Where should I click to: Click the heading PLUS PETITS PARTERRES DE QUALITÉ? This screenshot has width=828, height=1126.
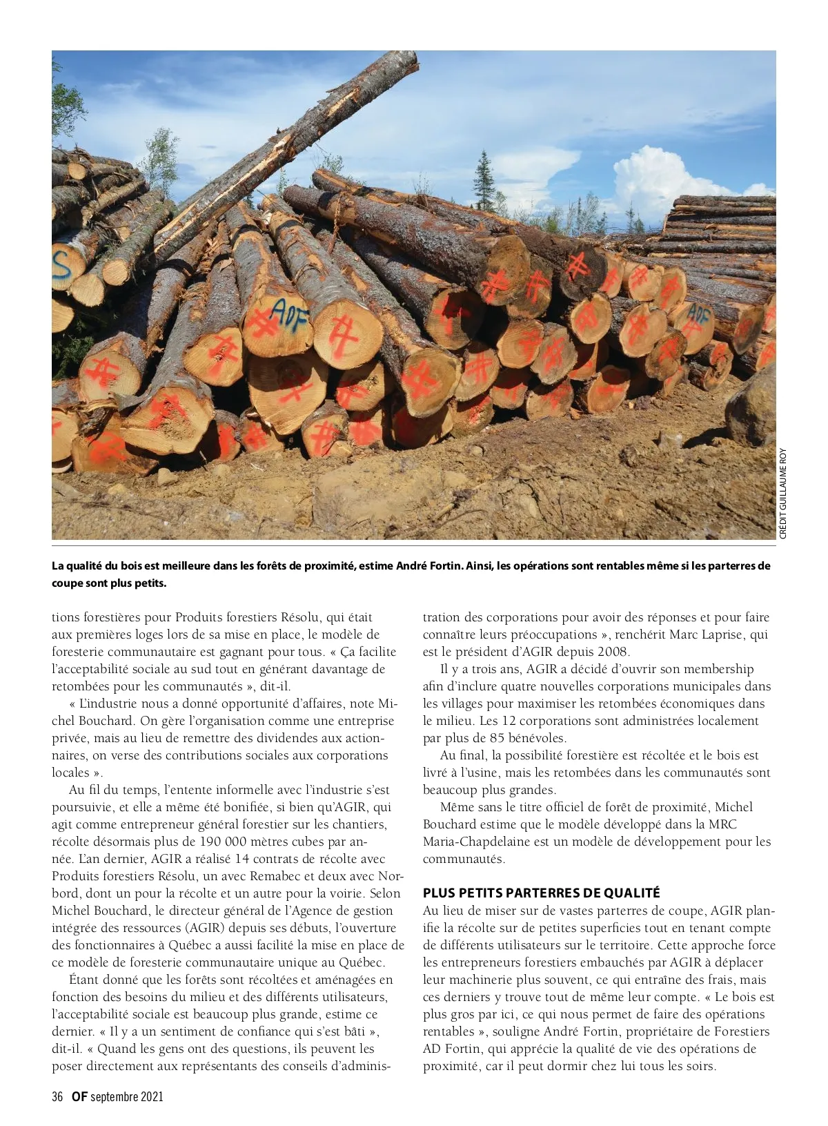click(x=542, y=893)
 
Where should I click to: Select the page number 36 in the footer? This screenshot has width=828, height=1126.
click(x=57, y=1096)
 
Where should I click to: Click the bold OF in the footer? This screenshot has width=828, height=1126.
click(x=79, y=1096)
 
